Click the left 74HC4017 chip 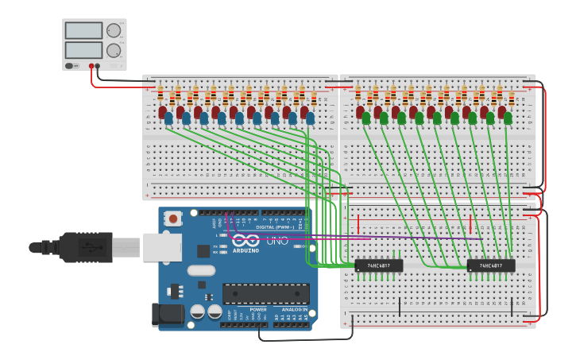(x=378, y=265)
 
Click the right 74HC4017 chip (x=490, y=265)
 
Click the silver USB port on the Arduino (x=162, y=247)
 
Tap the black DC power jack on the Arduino (x=168, y=315)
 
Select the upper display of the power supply (x=83, y=31)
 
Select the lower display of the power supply (x=83, y=50)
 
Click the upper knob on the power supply (x=114, y=30)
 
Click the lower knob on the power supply (x=114, y=50)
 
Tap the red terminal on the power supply (x=91, y=67)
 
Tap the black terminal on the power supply (x=98, y=67)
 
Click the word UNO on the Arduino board (x=276, y=240)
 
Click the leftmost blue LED (x=168, y=118)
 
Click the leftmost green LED (x=366, y=118)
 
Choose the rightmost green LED (x=508, y=118)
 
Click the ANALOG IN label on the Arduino (x=292, y=309)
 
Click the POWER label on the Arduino (x=258, y=309)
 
